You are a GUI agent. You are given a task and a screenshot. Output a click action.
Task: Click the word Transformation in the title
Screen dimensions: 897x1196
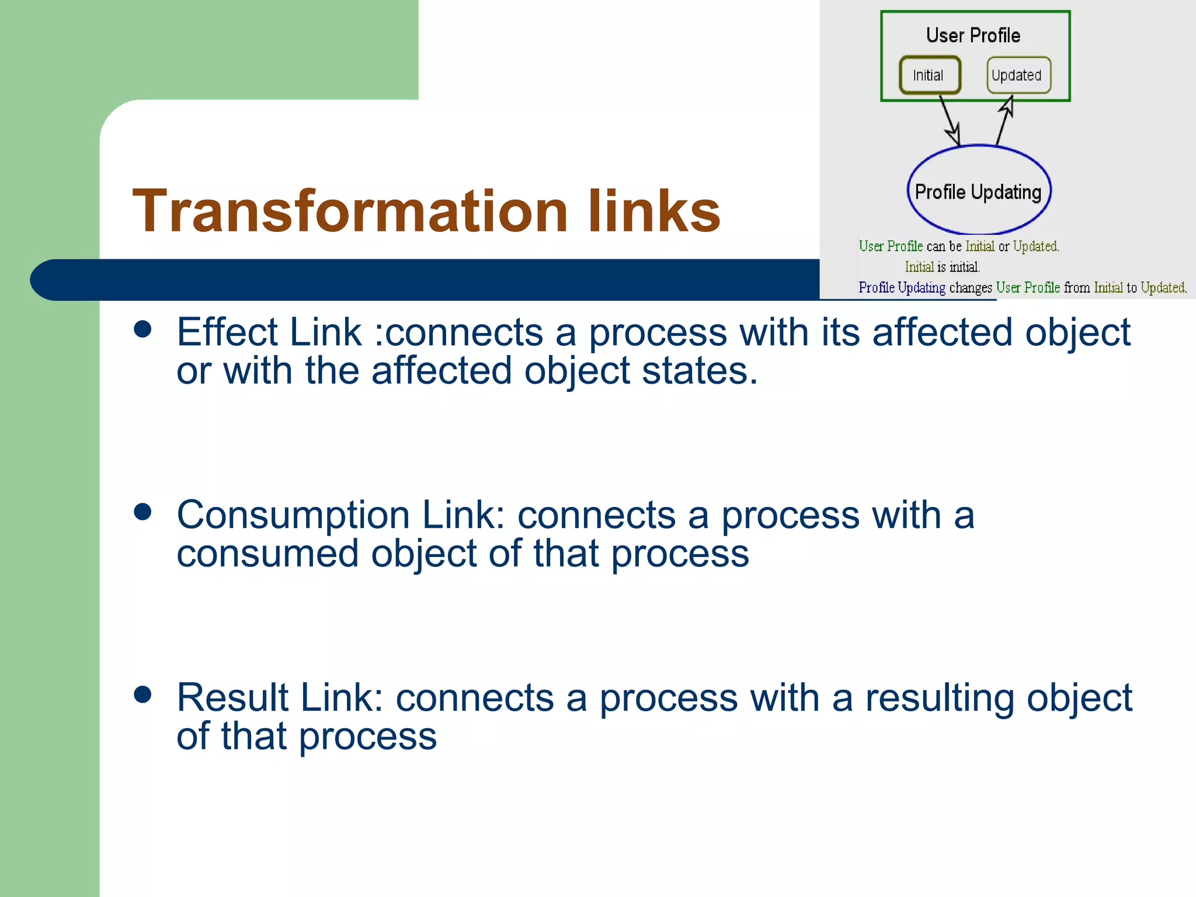[350, 211]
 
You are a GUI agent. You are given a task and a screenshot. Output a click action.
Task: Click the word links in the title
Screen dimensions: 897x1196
[654, 211]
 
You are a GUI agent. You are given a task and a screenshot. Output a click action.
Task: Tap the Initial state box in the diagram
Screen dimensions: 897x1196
[930, 75]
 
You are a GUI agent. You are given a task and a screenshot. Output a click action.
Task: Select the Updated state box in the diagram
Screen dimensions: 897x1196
[1018, 75]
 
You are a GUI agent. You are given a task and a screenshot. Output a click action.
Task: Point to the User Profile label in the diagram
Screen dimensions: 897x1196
[973, 36]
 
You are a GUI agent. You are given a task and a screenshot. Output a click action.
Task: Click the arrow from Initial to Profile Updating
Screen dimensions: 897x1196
[950, 121]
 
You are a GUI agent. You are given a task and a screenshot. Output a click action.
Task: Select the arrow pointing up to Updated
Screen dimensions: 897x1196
[1004, 121]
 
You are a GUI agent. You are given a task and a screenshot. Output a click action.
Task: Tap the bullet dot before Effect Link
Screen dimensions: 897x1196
[142, 329]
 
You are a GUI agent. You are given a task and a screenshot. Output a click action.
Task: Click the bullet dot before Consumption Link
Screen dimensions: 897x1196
[142, 512]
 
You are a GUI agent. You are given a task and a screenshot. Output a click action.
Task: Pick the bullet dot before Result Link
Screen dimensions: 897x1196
[142, 694]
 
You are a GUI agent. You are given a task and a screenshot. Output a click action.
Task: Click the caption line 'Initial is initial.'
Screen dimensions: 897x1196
[942, 267]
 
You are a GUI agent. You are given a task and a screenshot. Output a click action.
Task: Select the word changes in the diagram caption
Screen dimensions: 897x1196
[970, 288]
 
